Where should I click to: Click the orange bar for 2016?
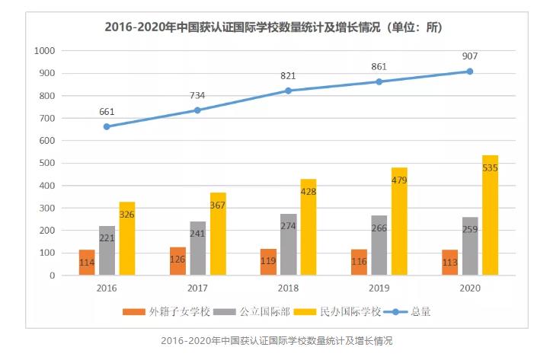point(87,262)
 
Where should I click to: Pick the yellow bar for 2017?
point(219,234)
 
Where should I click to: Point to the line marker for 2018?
point(289,91)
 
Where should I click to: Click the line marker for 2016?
point(107,126)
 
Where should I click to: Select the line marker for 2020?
point(470,72)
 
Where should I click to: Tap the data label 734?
point(197,96)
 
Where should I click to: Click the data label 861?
point(379,67)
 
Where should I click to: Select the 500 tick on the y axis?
point(48,163)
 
